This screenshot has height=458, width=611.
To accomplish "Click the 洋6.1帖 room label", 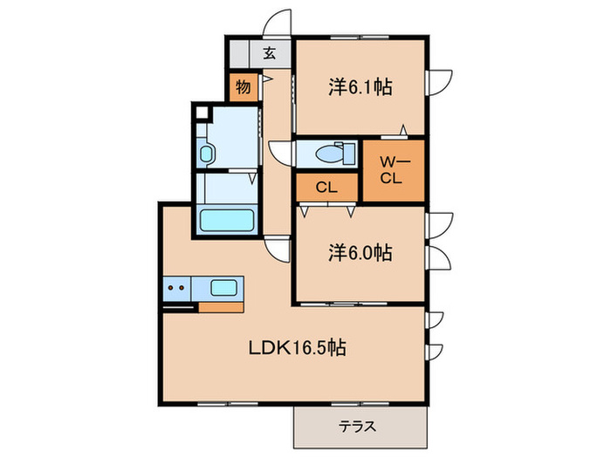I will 360,87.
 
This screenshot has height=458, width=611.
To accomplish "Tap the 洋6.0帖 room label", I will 360,253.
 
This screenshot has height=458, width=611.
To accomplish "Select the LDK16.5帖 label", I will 298,348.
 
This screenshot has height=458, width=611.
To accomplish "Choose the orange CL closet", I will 326,187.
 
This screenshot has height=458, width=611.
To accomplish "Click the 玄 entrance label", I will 270,53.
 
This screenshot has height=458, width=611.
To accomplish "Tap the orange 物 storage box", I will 242,87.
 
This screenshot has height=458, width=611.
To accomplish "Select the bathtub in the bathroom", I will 226,220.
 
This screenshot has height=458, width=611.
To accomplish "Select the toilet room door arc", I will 281,153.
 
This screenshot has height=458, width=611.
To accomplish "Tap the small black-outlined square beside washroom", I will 203,113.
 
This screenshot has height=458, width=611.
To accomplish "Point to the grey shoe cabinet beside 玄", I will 238,52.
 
